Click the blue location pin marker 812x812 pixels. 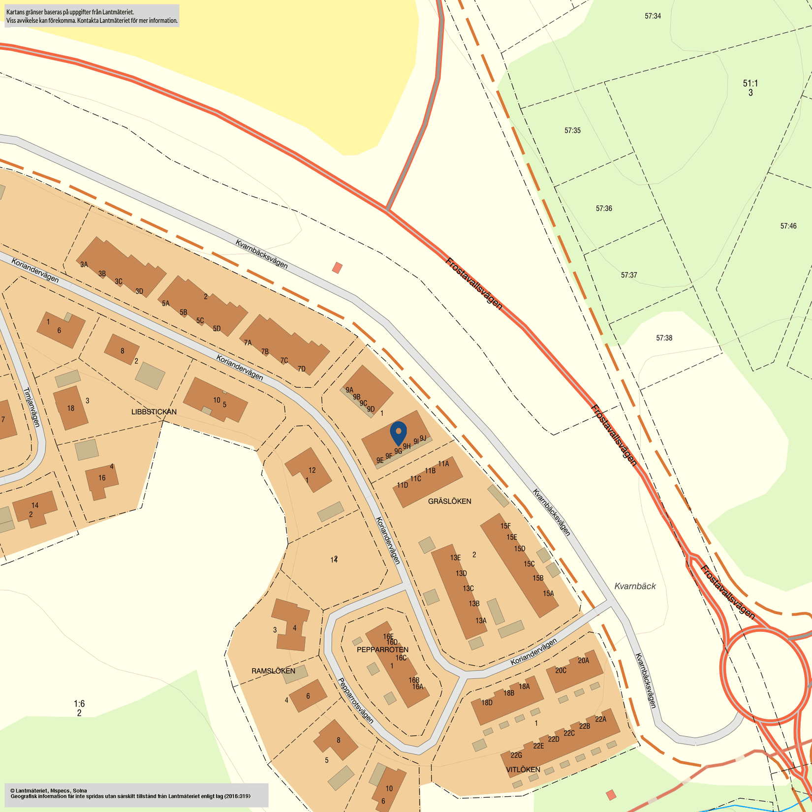[398, 433]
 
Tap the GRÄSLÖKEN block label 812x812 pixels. [449, 501]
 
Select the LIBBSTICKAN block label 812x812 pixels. [154, 412]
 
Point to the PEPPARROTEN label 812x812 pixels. [382, 650]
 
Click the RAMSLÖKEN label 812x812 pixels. [273, 671]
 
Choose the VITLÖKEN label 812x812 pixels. [523, 769]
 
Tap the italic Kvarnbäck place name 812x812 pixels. [635, 586]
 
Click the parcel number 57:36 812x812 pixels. [604, 209]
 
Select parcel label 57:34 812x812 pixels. [653, 16]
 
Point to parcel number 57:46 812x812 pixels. [788, 226]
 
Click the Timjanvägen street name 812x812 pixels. [31, 407]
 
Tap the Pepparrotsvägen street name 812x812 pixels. [355, 700]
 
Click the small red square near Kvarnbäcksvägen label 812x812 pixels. [337, 268]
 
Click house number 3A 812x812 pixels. [84, 265]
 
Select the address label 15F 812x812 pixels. [505, 526]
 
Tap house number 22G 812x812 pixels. [516, 755]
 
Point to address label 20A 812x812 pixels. [583, 661]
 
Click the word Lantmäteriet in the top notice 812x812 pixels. [118, 12]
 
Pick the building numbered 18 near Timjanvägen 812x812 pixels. [70, 408]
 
